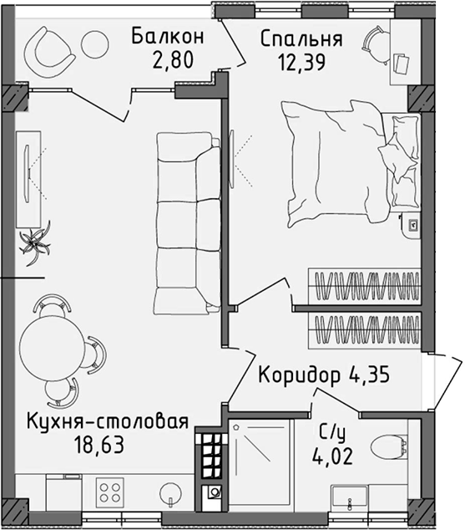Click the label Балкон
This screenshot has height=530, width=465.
(x=168, y=37)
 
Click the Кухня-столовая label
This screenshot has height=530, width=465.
(x=106, y=420)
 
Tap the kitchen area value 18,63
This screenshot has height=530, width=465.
(x=98, y=443)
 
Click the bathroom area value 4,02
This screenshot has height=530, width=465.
(x=331, y=456)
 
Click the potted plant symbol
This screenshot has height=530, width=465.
(x=35, y=242)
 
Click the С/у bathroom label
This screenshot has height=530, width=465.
(x=331, y=434)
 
